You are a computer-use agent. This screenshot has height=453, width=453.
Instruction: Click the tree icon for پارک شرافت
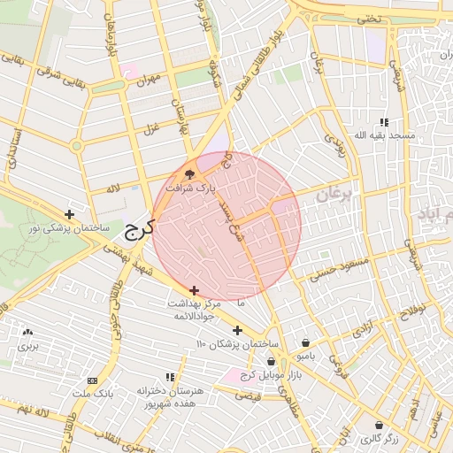coord(189,173)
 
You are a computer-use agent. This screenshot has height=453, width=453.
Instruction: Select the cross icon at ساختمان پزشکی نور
coord(70,214)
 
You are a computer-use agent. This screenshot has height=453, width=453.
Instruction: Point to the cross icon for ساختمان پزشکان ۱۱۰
coord(237,330)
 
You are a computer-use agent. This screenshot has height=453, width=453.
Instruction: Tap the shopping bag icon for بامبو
coord(305,343)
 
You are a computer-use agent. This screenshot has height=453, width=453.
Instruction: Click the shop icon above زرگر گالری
coord(379,425)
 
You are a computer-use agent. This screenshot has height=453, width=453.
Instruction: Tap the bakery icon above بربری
coord(28,334)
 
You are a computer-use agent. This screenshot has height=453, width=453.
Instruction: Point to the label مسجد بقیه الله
coord(383,134)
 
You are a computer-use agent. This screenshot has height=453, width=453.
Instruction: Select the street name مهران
coord(147,80)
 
